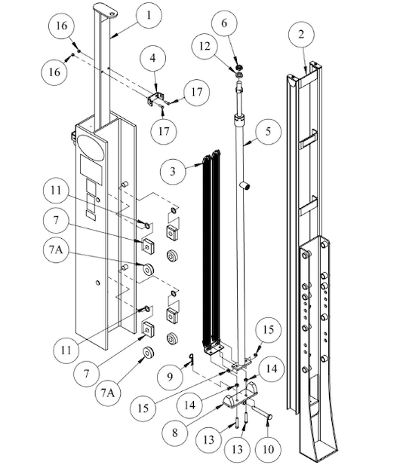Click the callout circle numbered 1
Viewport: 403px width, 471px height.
(x=148, y=15)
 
